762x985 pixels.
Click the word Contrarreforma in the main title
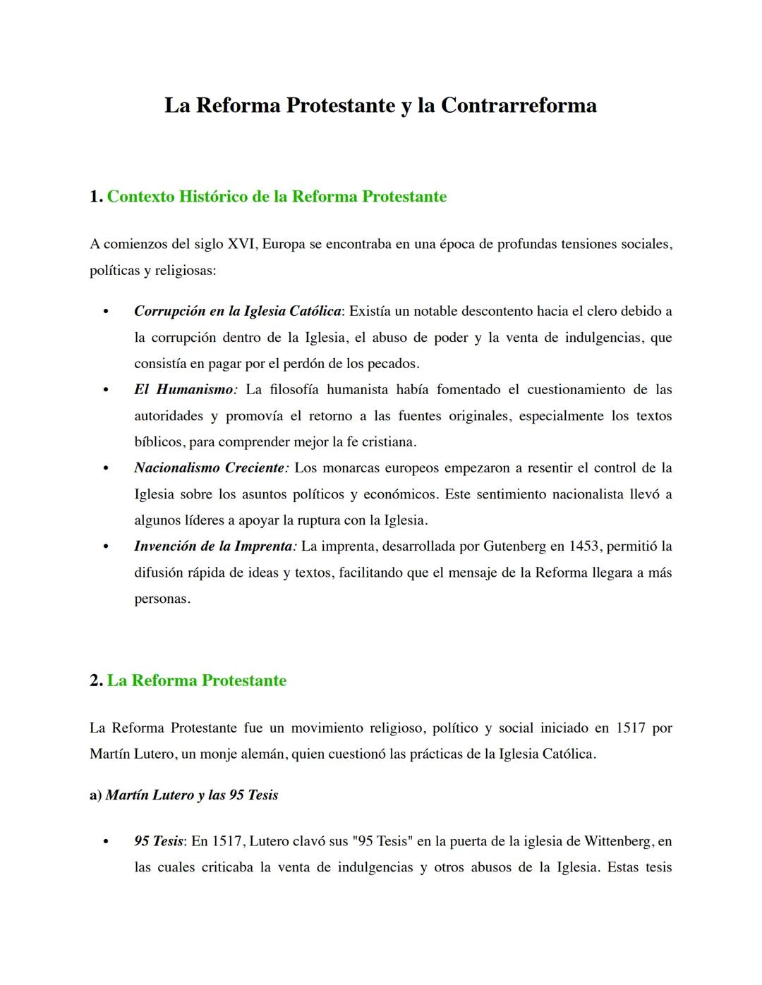[519, 106]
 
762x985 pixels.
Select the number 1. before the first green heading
[97, 197]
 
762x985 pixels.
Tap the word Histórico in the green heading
[212, 197]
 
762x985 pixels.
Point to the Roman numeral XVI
[243, 245]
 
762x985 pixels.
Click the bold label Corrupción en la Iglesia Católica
[238, 311]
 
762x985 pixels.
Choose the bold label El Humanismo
[185, 389]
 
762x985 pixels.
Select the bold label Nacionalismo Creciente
[210, 467]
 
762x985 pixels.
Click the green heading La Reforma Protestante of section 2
[196, 680]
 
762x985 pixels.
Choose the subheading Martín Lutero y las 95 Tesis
[191, 795]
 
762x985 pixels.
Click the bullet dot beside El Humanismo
[106, 390]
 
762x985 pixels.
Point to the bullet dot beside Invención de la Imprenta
[106, 546]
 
